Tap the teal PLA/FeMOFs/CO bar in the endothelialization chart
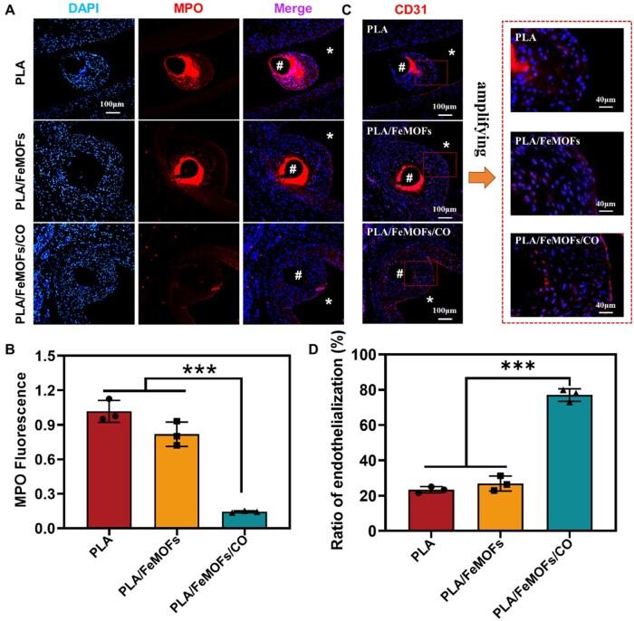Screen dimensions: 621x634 (x=570, y=463)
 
